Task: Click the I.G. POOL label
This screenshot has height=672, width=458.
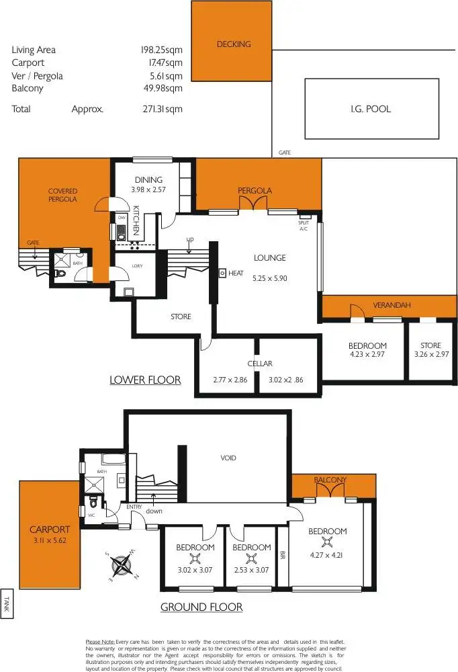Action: pos(370,109)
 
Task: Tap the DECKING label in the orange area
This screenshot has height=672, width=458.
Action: pos(234,44)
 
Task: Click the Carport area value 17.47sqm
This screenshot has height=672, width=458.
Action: pos(165,62)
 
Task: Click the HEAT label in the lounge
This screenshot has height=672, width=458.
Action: pos(236,274)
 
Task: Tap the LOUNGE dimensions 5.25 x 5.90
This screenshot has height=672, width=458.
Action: pos(270,278)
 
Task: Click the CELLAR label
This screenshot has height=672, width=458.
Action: pos(259,364)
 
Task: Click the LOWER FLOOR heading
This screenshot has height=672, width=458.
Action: pos(145,380)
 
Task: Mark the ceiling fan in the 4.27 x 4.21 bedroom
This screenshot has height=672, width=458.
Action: pos(327,543)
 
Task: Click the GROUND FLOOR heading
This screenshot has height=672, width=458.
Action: pos(201,607)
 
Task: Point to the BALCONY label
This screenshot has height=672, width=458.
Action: pos(330,480)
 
